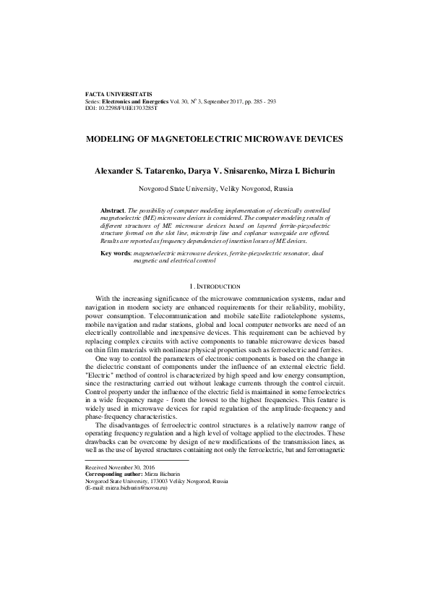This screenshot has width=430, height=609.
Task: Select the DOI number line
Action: coord(121,108)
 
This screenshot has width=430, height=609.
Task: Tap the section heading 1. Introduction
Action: coord(215,286)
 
